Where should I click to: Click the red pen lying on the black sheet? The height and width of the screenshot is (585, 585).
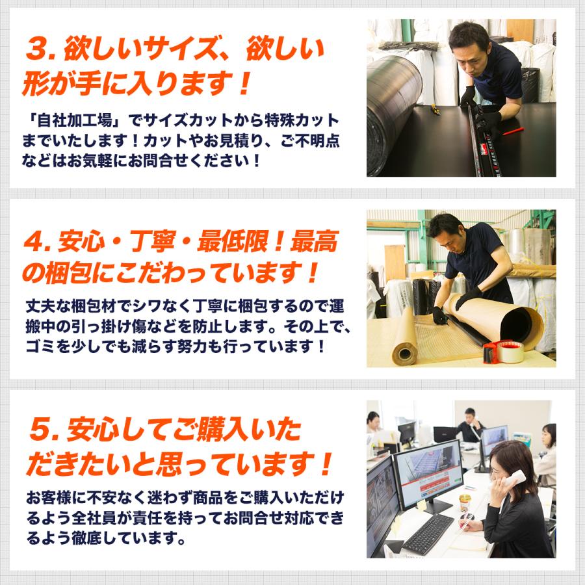click(x=514, y=130)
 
